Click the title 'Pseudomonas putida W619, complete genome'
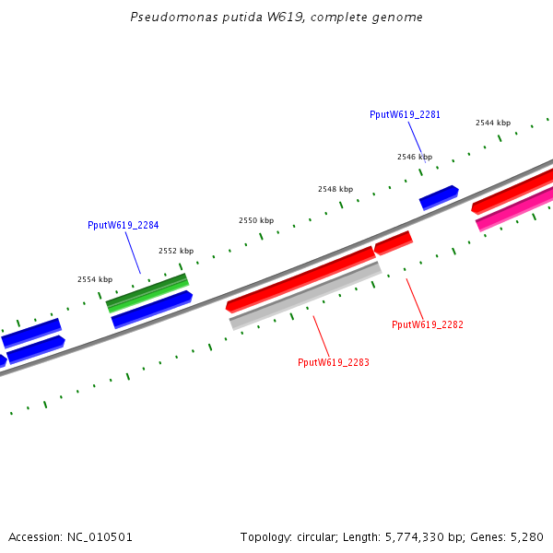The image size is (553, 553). coord(276,18)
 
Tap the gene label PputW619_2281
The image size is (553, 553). coord(405,114)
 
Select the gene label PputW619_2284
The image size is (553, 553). coord(123,225)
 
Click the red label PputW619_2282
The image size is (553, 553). coord(427,324)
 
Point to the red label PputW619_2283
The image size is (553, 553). coord(333,362)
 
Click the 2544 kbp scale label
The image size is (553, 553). coord(492,123)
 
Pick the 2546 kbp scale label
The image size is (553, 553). coord(414,157)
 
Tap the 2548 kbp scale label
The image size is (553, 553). coord(335,189)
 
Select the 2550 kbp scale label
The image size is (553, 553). coord(255,220)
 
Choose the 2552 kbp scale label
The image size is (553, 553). coord(175,251)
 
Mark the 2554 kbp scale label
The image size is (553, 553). coord(94,279)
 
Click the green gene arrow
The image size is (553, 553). coord(147,292)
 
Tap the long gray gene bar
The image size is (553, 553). coord(305,295)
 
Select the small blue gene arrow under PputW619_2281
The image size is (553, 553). coord(439,197)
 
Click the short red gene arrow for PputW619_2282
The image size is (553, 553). coord(393,242)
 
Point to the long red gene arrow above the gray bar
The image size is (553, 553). coord(300,278)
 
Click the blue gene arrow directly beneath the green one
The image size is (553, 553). coord(152,309)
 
